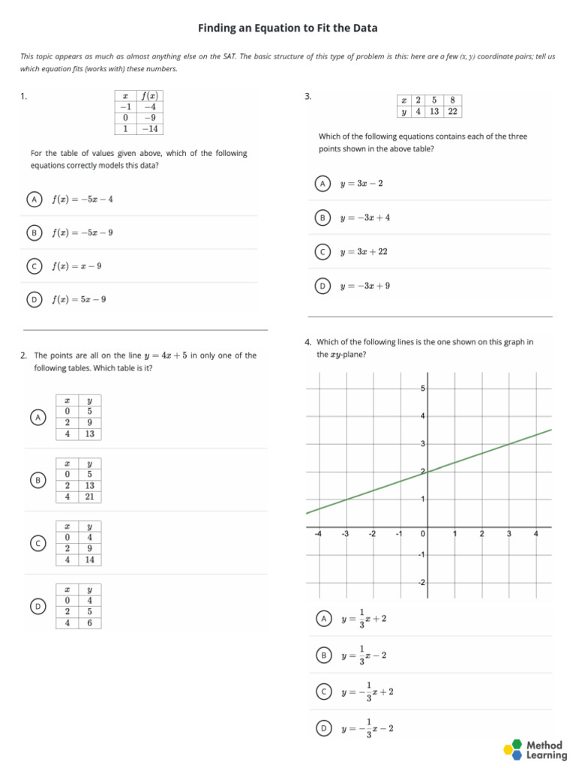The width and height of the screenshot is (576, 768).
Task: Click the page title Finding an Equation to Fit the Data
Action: tap(288, 28)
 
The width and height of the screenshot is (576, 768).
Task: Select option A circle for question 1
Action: tap(34, 199)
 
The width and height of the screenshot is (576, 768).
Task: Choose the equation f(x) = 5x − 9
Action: tap(79, 300)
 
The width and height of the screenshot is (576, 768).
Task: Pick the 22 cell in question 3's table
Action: tap(452, 112)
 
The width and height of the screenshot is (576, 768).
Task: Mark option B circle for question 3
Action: tap(322, 217)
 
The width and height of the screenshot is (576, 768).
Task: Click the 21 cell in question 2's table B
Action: tap(89, 496)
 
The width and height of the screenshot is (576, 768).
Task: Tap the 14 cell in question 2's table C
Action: tap(89, 559)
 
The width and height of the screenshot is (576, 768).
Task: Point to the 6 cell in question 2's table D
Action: tap(89, 622)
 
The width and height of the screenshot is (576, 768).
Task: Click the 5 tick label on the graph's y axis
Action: tap(423, 388)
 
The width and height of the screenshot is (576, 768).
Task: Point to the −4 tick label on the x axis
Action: tap(318, 533)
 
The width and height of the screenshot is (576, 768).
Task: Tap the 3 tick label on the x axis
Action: tap(509, 533)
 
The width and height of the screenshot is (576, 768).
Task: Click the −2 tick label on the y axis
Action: tap(421, 583)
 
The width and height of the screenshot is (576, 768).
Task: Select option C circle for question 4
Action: tap(323, 692)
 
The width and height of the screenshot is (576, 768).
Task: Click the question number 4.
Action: tap(308, 342)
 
